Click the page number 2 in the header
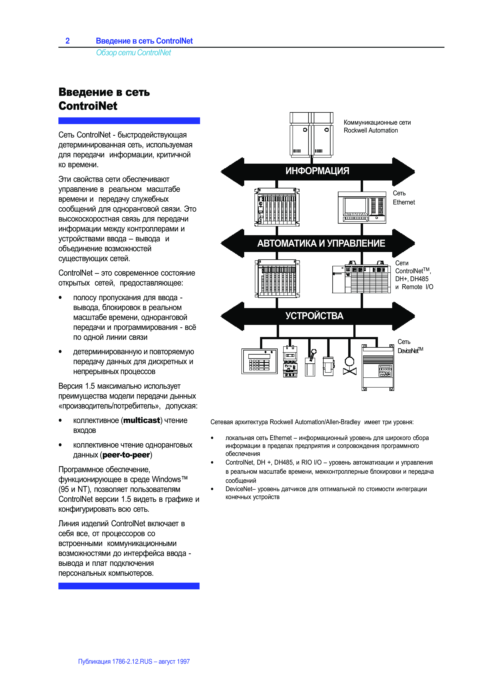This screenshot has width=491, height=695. coord(68,41)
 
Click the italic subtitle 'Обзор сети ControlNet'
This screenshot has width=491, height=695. coord(133,53)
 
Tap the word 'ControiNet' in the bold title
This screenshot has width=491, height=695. coord(88,106)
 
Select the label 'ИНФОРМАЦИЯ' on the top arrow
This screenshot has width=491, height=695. coord(317,171)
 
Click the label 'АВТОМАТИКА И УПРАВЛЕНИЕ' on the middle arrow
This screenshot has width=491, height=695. coord(321,243)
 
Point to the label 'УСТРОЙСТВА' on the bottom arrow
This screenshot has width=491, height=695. coord(314,316)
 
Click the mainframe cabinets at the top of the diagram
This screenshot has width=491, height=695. coord(311,134)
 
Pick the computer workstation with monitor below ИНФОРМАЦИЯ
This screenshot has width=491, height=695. coord(362,208)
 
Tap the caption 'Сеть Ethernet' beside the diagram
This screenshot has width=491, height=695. coord(404,198)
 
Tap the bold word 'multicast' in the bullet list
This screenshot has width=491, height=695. coord(142,420)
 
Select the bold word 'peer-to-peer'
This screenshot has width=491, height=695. coord(126,455)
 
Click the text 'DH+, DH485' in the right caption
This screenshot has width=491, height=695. coord(412,279)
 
